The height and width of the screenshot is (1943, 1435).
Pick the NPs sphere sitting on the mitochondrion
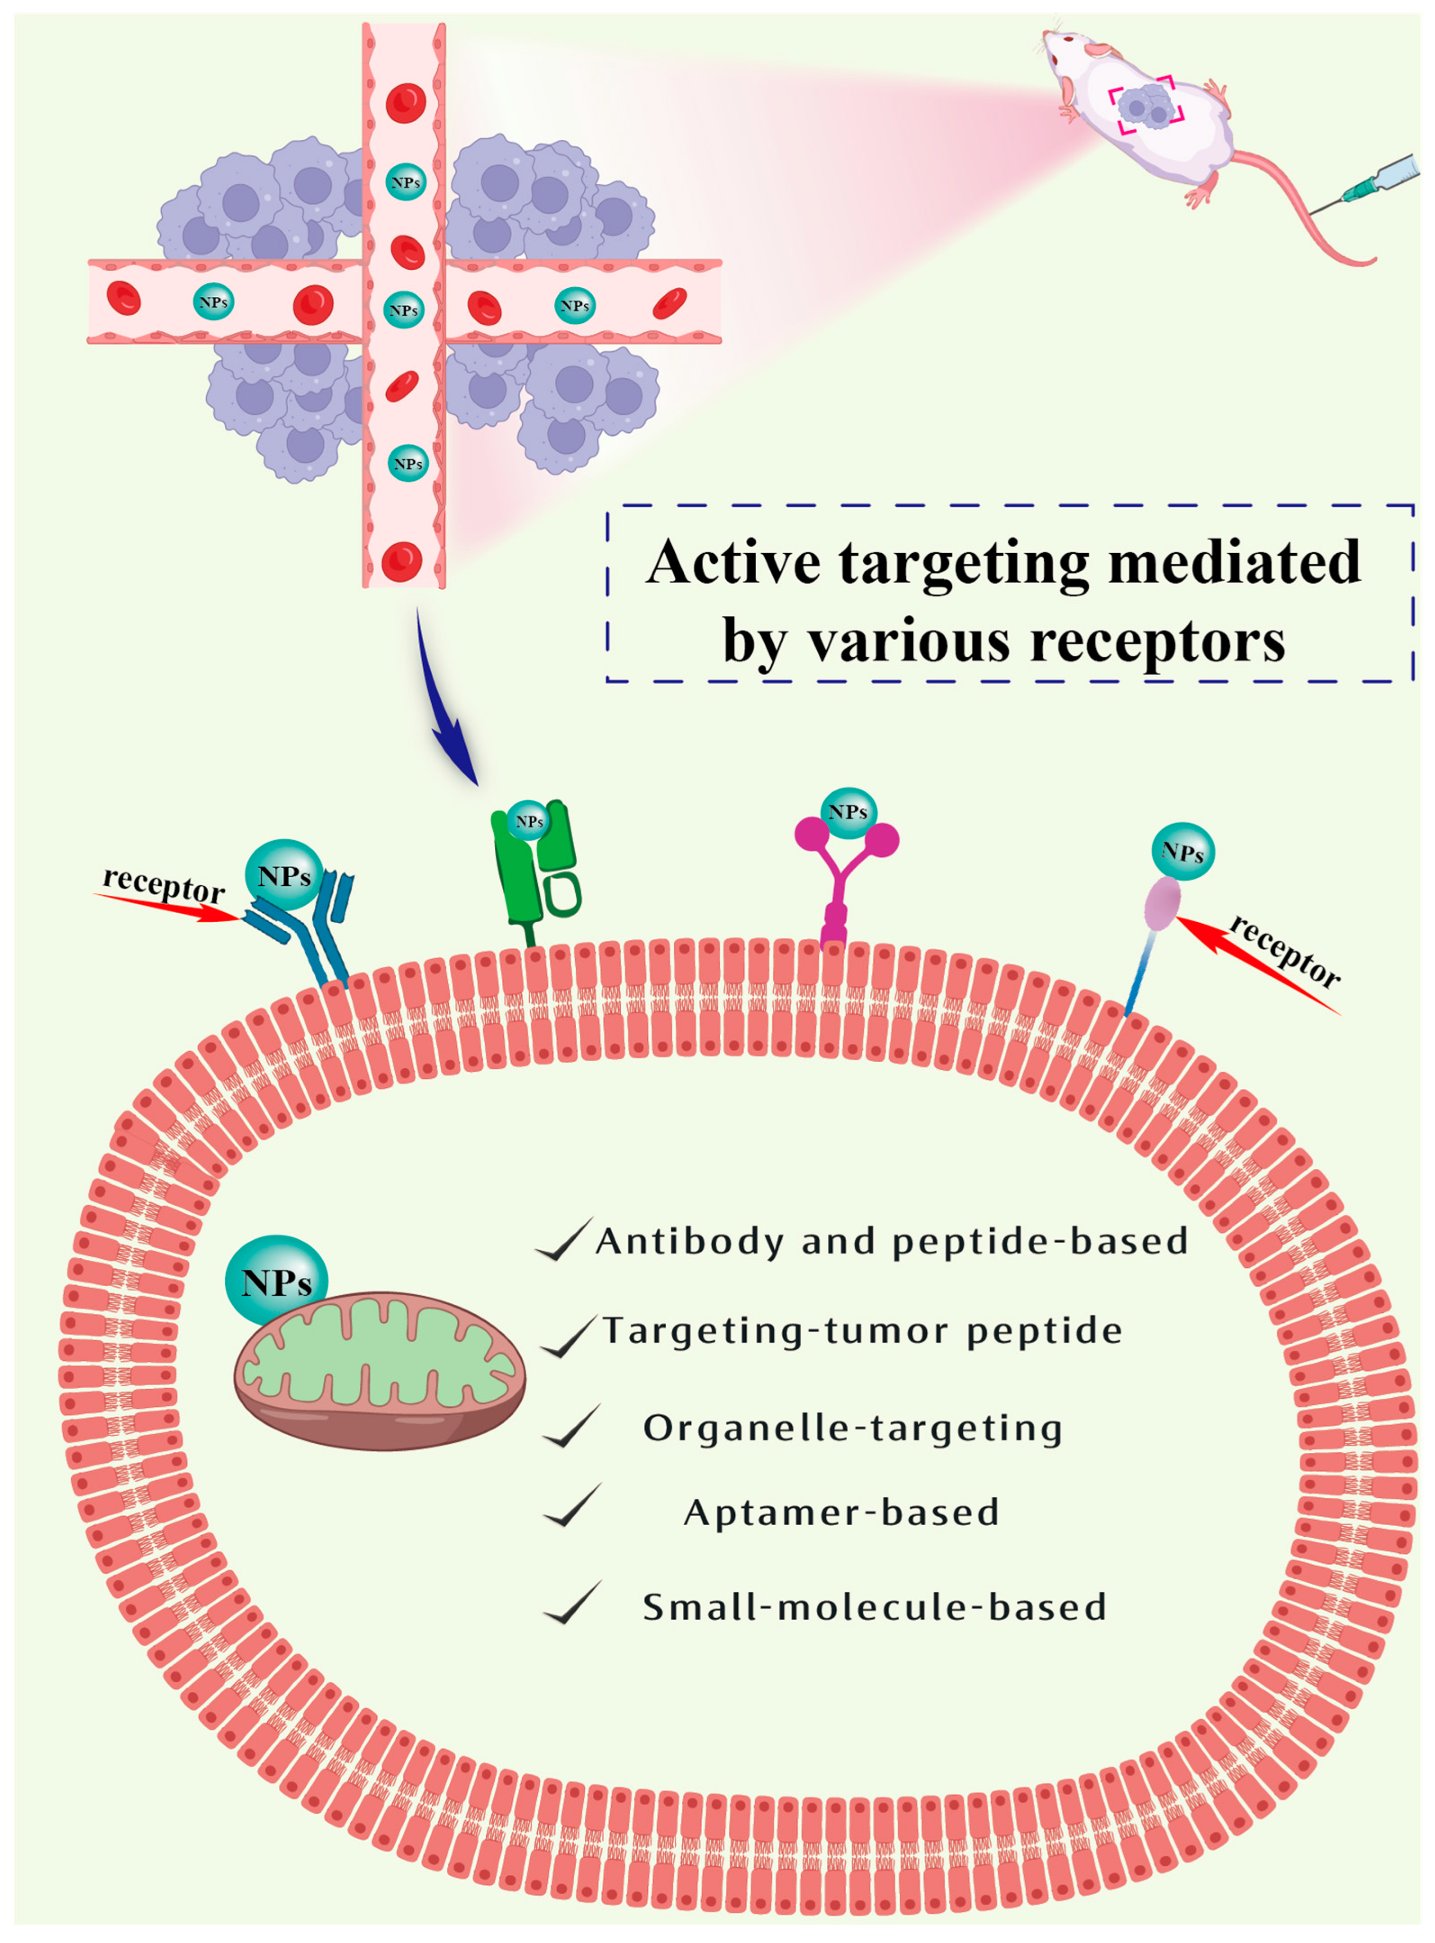click(276, 1282)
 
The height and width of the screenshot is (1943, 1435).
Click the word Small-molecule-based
click(874, 1606)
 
